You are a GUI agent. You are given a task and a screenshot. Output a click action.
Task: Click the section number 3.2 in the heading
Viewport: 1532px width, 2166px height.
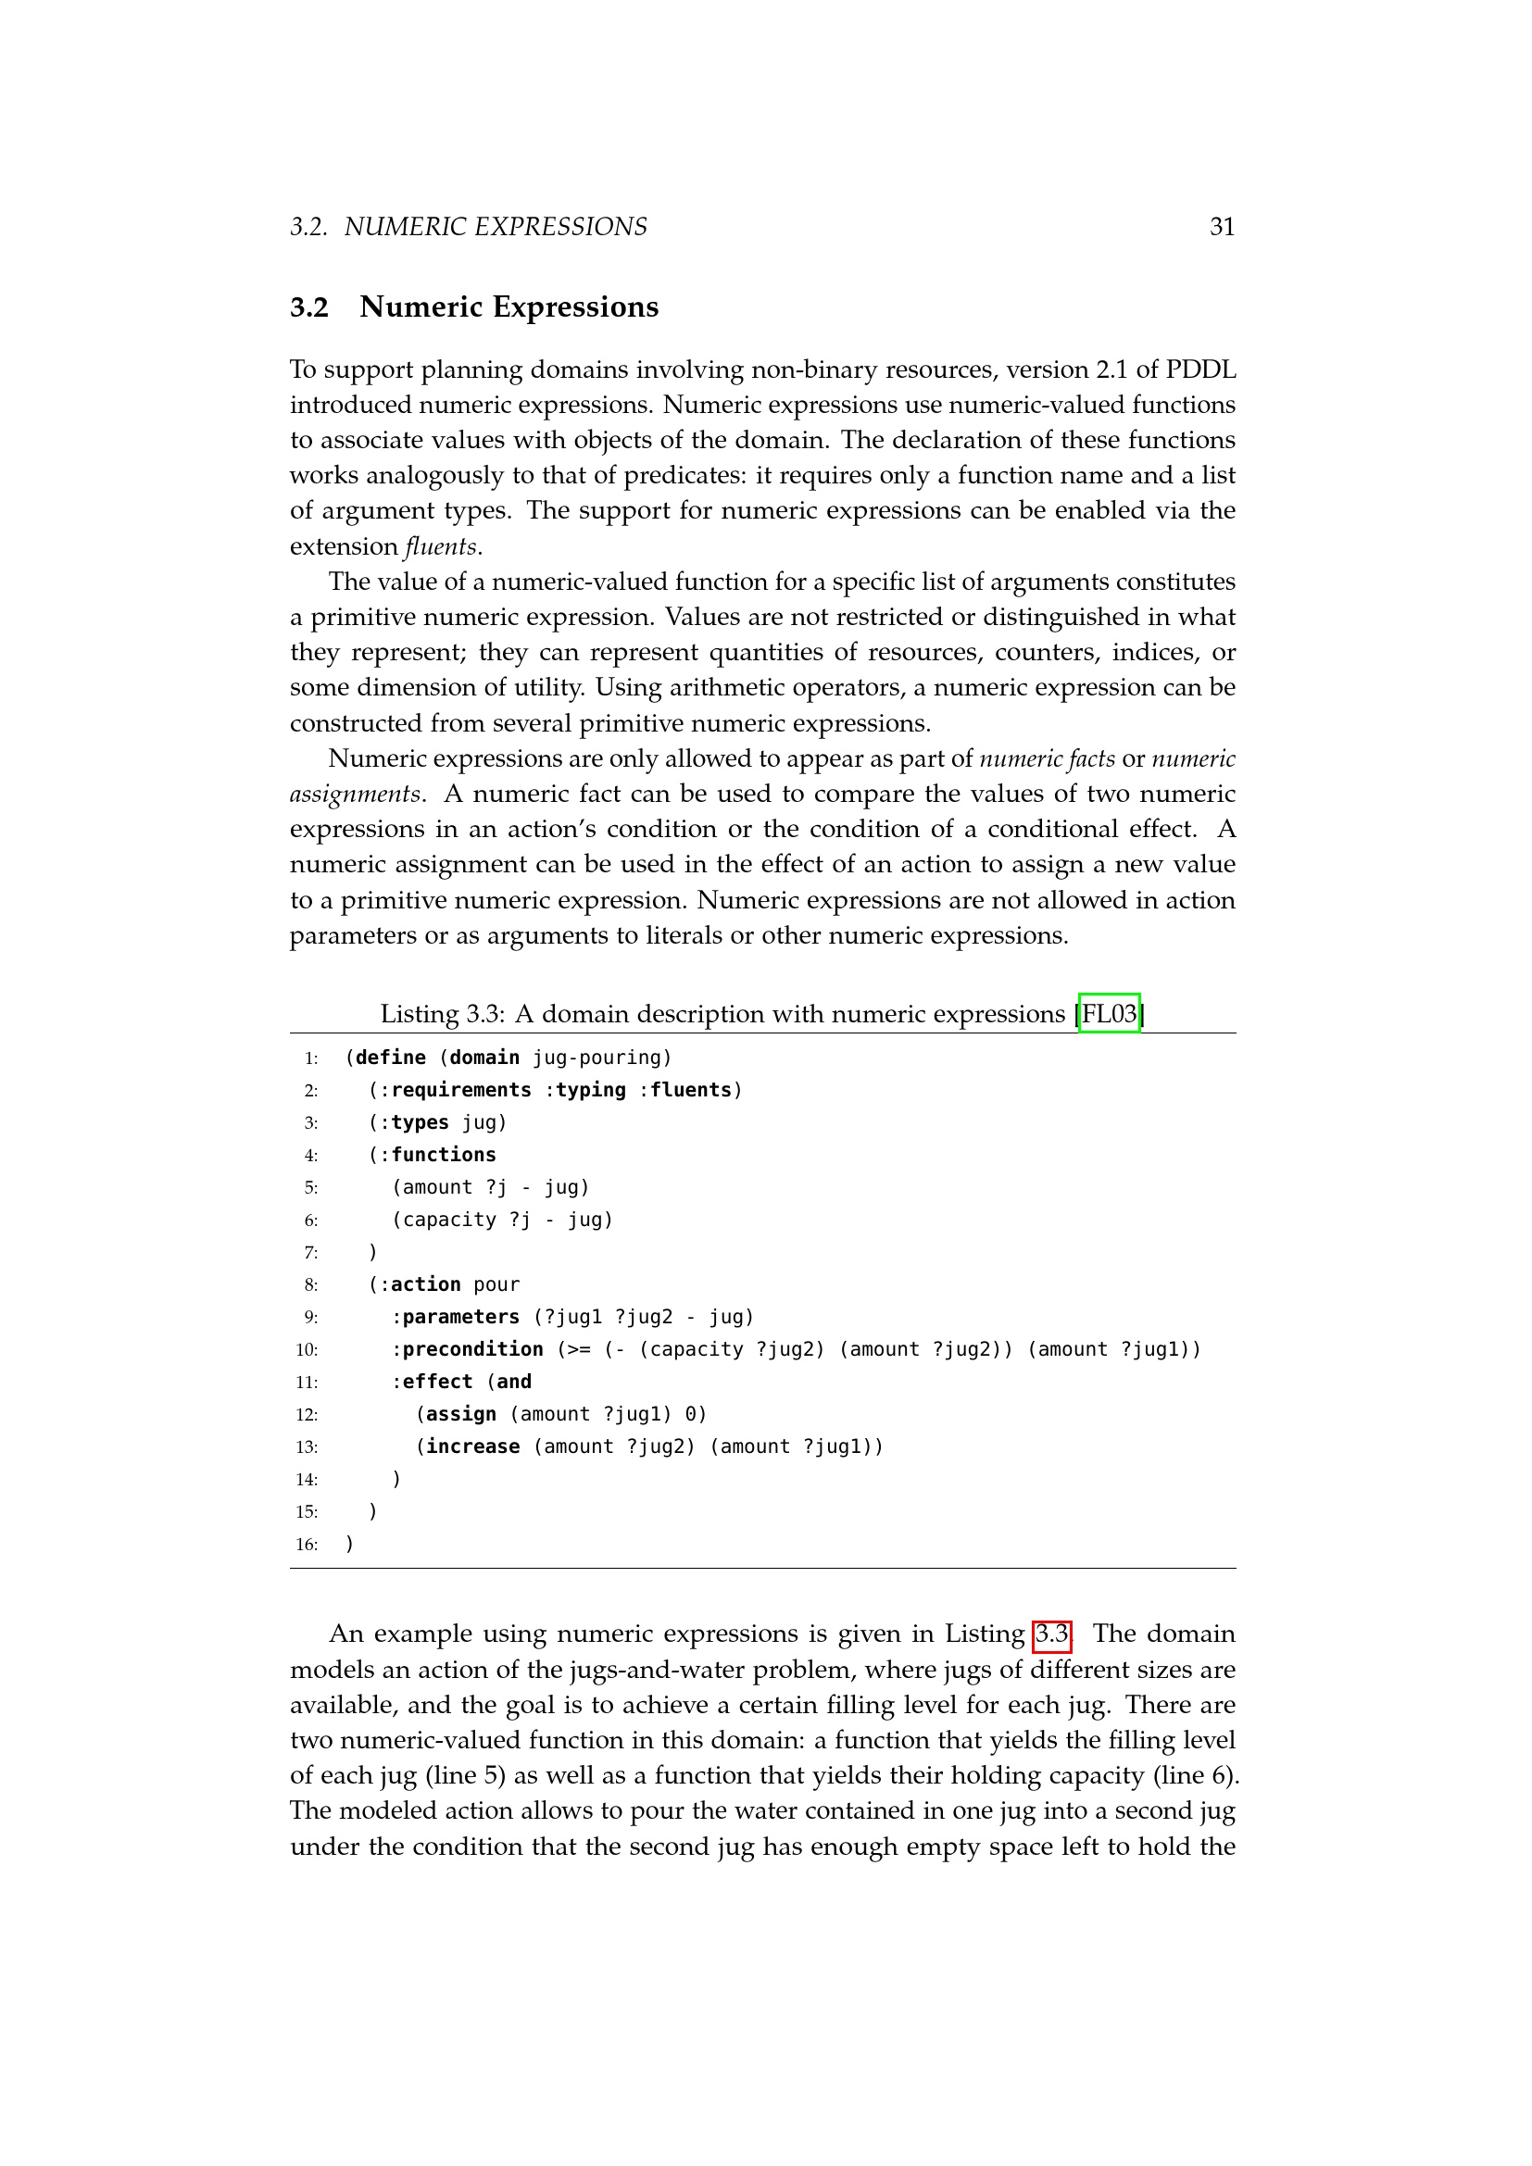coord(308,307)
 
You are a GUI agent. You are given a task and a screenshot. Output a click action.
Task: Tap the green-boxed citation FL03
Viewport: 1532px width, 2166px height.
coord(1109,1014)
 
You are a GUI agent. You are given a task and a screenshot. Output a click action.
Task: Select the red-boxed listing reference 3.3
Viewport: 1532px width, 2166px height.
coord(1052,1634)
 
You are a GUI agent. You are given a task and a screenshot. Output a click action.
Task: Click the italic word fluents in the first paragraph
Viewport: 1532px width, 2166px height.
coord(441,546)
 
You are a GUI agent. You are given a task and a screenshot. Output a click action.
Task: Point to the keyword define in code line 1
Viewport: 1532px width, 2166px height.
coord(391,1058)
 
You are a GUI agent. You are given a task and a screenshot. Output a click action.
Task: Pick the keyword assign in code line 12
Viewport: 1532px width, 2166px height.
coord(460,1414)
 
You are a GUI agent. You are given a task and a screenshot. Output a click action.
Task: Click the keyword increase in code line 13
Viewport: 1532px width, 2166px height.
coord(471,1446)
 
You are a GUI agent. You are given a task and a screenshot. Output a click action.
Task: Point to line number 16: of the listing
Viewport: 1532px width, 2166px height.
coord(307,1545)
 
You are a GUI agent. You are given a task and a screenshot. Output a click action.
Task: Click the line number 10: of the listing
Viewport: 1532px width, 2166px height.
coord(307,1350)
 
